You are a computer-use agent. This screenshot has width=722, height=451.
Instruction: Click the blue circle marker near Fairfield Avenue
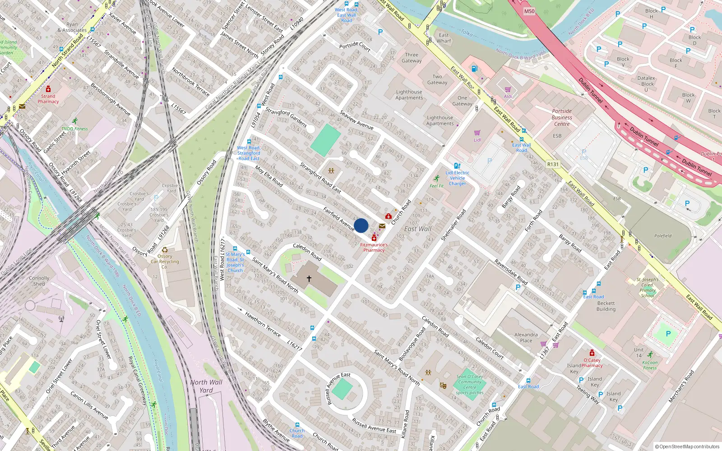(x=361, y=225)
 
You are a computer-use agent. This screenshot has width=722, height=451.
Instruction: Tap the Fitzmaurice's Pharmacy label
(x=374, y=247)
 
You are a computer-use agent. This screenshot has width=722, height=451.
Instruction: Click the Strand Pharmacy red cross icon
(x=48, y=89)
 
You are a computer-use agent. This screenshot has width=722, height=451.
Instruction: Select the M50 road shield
(x=529, y=11)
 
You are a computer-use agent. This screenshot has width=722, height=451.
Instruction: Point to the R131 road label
(x=553, y=164)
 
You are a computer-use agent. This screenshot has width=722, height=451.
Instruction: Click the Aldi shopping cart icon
(x=508, y=90)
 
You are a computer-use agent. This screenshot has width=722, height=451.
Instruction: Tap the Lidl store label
(x=477, y=140)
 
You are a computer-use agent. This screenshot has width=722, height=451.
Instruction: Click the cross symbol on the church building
(x=309, y=279)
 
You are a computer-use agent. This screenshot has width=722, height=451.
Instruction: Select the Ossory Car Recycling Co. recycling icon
(x=165, y=250)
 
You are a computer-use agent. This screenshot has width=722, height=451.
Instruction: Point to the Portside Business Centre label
(x=562, y=117)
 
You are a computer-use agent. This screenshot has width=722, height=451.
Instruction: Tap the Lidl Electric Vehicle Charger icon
(x=457, y=166)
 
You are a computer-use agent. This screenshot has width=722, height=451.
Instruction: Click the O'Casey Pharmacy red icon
(x=592, y=353)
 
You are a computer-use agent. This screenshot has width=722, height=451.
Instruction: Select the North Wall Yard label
(x=206, y=386)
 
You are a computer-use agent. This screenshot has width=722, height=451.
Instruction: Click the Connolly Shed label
(x=39, y=281)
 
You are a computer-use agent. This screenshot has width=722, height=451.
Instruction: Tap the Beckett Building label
(x=606, y=306)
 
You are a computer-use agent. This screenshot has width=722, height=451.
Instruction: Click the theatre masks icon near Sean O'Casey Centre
(x=443, y=386)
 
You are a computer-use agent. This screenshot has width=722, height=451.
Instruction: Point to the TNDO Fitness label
(x=75, y=129)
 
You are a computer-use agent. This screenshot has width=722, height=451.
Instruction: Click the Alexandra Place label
(x=526, y=337)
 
